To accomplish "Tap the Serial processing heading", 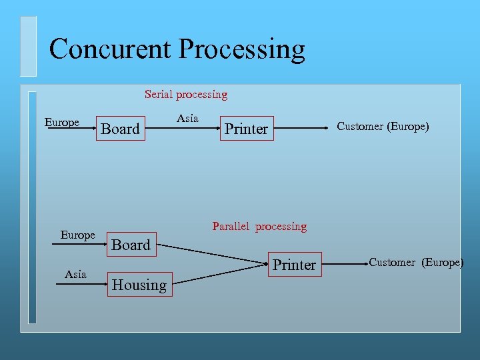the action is (186, 95).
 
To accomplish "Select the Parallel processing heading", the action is (259, 227).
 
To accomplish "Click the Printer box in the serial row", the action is (246, 129).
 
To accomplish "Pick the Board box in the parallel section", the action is (131, 245).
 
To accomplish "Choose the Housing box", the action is (139, 285).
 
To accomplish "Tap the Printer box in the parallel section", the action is (294, 265).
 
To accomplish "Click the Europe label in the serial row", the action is (62, 122).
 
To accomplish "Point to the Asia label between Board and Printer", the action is (187, 118).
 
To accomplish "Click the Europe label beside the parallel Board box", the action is (78, 235).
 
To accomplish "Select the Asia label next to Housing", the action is (75, 274).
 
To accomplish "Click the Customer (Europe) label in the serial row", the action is (383, 127).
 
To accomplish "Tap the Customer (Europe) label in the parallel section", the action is (416, 262).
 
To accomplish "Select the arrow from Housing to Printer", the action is (220, 275).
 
